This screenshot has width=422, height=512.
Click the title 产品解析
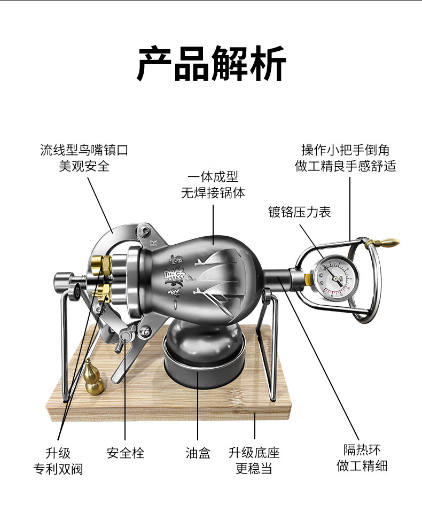pyautogui.click(x=211, y=64)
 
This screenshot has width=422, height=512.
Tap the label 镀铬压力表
pyautogui.click(x=300, y=212)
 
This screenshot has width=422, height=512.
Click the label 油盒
pyautogui.click(x=198, y=453)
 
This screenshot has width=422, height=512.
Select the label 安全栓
pyautogui.click(x=126, y=453)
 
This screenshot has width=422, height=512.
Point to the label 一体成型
pyautogui.click(x=213, y=177)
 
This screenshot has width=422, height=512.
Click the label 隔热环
pyautogui.click(x=362, y=449)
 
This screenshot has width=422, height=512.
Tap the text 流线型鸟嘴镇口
pyautogui.click(x=84, y=150)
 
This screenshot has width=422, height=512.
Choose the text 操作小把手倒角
pyautogui.click(x=345, y=150)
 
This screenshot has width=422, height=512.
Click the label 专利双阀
pyautogui.click(x=58, y=469)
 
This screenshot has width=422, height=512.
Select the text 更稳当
pyautogui.click(x=254, y=469)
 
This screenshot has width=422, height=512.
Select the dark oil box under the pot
pyautogui.click(x=204, y=354)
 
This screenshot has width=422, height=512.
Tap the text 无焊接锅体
pyautogui.click(x=213, y=193)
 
